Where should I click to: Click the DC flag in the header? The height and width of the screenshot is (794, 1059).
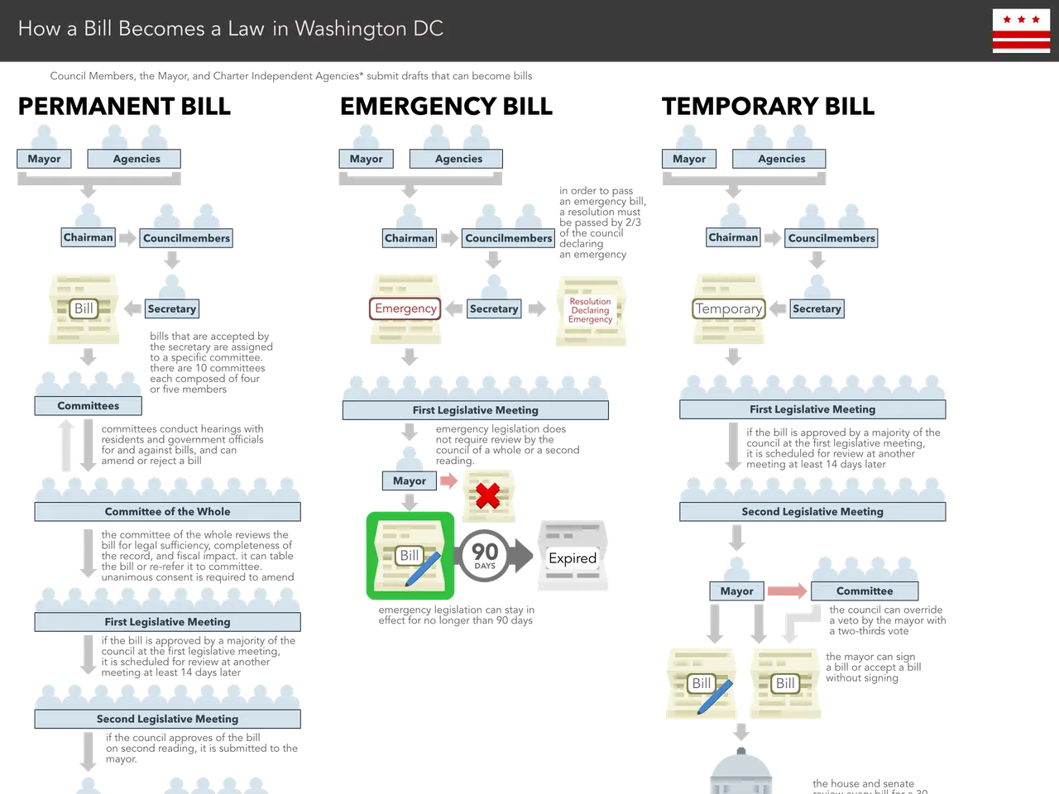pyautogui.click(x=1021, y=31)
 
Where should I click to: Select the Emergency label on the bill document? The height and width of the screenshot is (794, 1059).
pyautogui.click(x=405, y=309)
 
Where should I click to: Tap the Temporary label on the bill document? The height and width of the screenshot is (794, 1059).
pyautogui.click(x=728, y=309)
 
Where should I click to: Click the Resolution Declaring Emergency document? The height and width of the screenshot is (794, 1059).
pyautogui.click(x=590, y=311)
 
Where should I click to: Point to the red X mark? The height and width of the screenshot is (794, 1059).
pyautogui.click(x=488, y=495)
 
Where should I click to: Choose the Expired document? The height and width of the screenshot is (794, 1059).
pyautogui.click(x=573, y=557)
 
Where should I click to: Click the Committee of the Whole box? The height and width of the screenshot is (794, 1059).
pyautogui.click(x=167, y=511)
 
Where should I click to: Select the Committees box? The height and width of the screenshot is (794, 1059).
pyautogui.click(x=88, y=405)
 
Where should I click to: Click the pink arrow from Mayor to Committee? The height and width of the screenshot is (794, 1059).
pyautogui.click(x=786, y=591)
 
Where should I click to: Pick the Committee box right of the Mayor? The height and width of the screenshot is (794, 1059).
pyautogui.click(x=864, y=591)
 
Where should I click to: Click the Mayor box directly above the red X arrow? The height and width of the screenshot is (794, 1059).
pyautogui.click(x=409, y=481)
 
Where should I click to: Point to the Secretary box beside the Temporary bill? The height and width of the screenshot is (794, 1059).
pyautogui.click(x=816, y=309)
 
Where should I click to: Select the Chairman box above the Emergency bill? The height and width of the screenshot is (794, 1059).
pyautogui.click(x=409, y=238)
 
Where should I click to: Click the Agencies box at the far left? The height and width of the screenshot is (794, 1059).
pyautogui.click(x=137, y=159)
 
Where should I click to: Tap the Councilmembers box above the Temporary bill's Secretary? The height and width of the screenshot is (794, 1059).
pyautogui.click(x=831, y=238)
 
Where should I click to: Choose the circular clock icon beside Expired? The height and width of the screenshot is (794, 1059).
pyautogui.click(x=484, y=556)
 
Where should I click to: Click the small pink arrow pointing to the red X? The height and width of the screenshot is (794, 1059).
pyautogui.click(x=448, y=481)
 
